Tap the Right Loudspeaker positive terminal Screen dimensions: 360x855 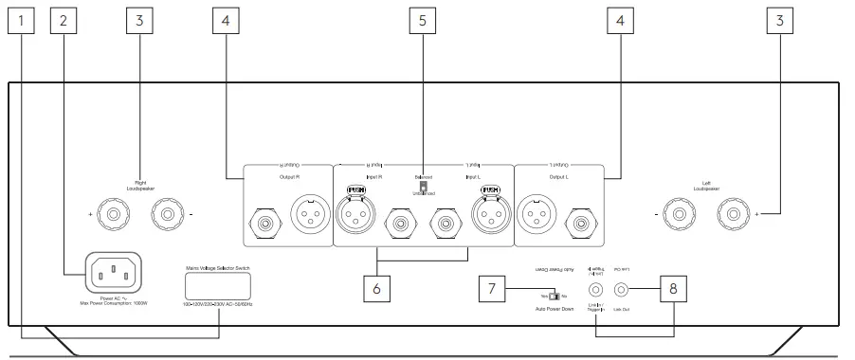click(x=113, y=216)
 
